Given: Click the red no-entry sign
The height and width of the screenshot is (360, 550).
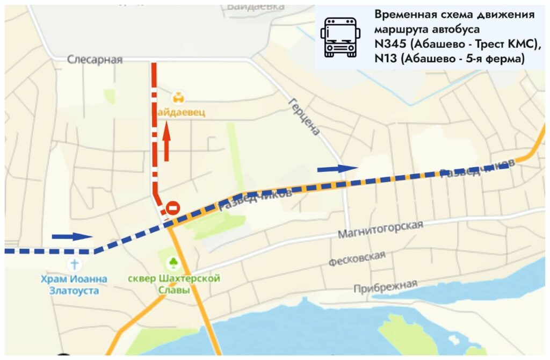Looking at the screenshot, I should click(x=172, y=207).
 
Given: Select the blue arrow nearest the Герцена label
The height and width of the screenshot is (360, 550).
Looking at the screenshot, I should click(x=337, y=169).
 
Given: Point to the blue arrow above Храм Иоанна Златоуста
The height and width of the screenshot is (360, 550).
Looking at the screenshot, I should click(x=73, y=236).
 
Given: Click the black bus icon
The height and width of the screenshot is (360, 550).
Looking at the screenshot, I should click(x=340, y=37).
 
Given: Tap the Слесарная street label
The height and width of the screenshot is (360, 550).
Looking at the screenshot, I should click(x=95, y=60).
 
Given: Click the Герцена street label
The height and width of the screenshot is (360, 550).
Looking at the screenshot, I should click(x=304, y=116).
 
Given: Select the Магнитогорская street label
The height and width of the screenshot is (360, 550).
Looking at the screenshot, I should click(x=380, y=229).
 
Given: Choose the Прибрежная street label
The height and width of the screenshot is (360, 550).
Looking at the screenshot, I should click(x=385, y=285).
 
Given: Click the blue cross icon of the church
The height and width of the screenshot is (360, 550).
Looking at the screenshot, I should click(x=74, y=264).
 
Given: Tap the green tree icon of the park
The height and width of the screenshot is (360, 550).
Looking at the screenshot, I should click(x=173, y=263).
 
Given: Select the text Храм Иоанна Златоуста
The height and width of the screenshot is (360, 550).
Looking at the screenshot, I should click(x=74, y=285).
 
